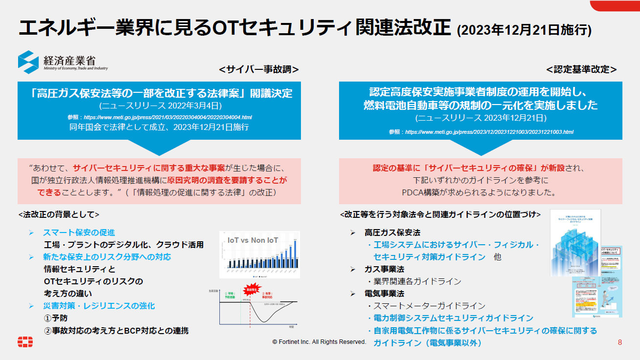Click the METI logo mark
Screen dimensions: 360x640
pyautogui.click(x=28, y=62)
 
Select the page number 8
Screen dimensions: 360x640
pyautogui.click(x=620, y=342)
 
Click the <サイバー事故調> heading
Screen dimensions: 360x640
pyautogui.click(x=258, y=69)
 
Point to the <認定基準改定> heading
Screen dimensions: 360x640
pyautogui.click(x=581, y=69)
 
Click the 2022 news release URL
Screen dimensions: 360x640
pyautogui.click(x=168, y=118)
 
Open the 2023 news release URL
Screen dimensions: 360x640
pyautogui.click(x=489, y=132)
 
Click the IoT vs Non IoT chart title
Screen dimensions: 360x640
pyautogui.click(x=253, y=240)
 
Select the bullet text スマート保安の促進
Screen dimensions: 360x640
pyautogui.click(x=79, y=233)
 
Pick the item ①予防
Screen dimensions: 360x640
pyautogui.click(x=56, y=318)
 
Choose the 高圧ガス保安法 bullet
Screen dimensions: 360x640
pyautogui.click(x=392, y=233)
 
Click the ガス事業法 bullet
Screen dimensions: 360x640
pyautogui.click(x=384, y=269)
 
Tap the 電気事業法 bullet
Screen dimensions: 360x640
pyautogui.click(x=384, y=294)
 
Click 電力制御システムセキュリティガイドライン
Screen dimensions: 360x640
pyautogui.click(x=453, y=318)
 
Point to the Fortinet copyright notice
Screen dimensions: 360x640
pyautogui.click(x=319, y=342)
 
